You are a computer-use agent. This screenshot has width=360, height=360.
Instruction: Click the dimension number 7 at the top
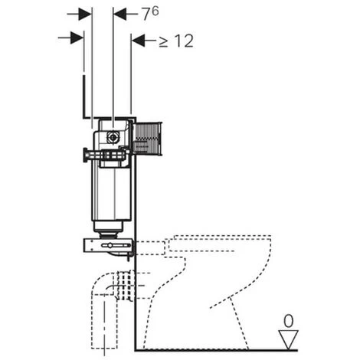pyautogui.click(x=147, y=15)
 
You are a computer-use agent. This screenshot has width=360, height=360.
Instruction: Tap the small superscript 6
pyautogui.click(x=155, y=11)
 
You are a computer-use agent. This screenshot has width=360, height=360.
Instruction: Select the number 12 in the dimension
pyautogui.click(x=185, y=41)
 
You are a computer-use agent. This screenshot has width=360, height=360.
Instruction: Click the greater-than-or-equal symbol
pyautogui.click(x=163, y=42)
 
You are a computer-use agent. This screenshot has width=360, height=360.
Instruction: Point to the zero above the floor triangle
pyautogui.click(x=289, y=321)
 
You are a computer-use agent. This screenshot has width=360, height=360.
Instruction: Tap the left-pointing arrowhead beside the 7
pyautogui.click(x=120, y=14)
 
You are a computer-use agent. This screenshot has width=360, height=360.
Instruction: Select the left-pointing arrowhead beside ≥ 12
pyautogui.click(x=138, y=40)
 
